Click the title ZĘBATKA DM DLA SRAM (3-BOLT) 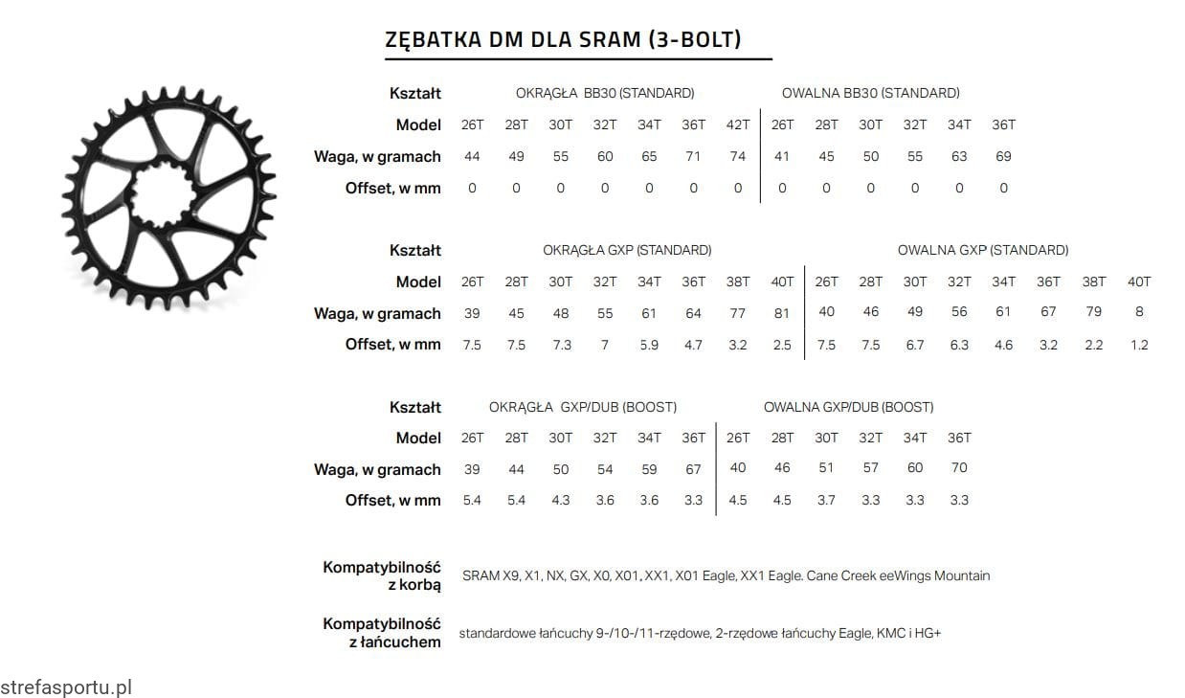pyautogui.click(x=563, y=39)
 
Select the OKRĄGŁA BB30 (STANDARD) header pyautogui.click(x=605, y=93)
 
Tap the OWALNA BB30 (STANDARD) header pyautogui.click(x=870, y=93)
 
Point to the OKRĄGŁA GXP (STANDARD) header pyautogui.click(x=627, y=250)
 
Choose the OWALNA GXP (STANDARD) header pyautogui.click(x=983, y=250)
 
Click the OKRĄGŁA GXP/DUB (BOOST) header pyautogui.click(x=583, y=407)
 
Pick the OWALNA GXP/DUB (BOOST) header pyautogui.click(x=848, y=407)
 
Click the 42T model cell pyautogui.click(x=738, y=124)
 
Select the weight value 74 pyautogui.click(x=738, y=156)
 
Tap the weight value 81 pyautogui.click(x=782, y=313)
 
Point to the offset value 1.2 pyautogui.click(x=1139, y=345)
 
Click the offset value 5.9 pyautogui.click(x=649, y=345)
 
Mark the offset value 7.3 pyautogui.click(x=561, y=345)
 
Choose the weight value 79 pyautogui.click(x=1093, y=311)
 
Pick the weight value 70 pyautogui.click(x=959, y=467)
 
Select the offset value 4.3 pyautogui.click(x=561, y=500)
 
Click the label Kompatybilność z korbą pyautogui.click(x=382, y=575)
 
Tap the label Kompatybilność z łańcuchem pyautogui.click(x=382, y=633)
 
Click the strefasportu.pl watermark pyautogui.click(x=65, y=687)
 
